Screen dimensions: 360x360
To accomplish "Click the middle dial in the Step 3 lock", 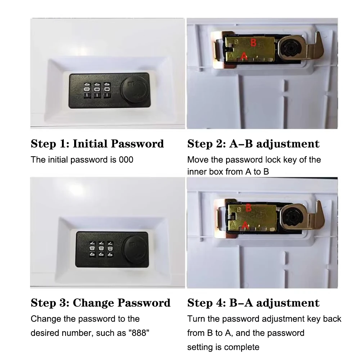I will click(x=102, y=248).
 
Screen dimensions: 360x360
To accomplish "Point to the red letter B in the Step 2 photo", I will click(x=253, y=43).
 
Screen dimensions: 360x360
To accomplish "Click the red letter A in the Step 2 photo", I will click(x=244, y=56).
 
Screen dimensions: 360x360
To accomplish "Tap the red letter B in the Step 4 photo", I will click(x=248, y=207).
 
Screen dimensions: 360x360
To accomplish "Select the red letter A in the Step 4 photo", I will click(x=244, y=224).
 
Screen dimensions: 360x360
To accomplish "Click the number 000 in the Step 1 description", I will click(x=126, y=159).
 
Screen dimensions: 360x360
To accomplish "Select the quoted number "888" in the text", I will click(x=138, y=333).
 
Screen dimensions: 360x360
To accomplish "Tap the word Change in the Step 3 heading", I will click(x=95, y=303).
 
